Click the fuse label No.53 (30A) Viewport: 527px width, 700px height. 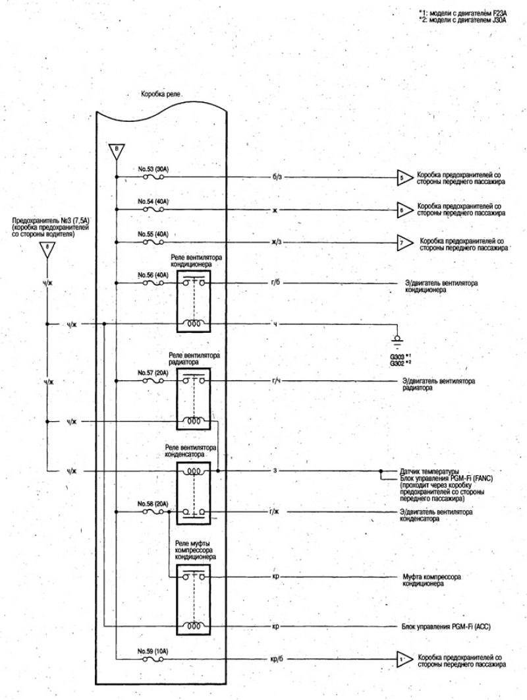(153, 169)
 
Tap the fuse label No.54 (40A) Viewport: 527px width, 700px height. (153, 202)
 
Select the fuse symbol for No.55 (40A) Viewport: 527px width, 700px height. (153, 242)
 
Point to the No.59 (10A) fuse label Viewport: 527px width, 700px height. (153, 651)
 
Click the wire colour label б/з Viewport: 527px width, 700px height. (277, 177)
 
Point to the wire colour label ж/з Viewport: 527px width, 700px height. (277, 243)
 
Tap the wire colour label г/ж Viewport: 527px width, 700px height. (275, 511)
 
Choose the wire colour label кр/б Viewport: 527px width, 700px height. (277, 658)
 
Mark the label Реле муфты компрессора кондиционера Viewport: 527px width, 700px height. (196, 550)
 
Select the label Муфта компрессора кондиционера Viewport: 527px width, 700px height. (431, 580)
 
